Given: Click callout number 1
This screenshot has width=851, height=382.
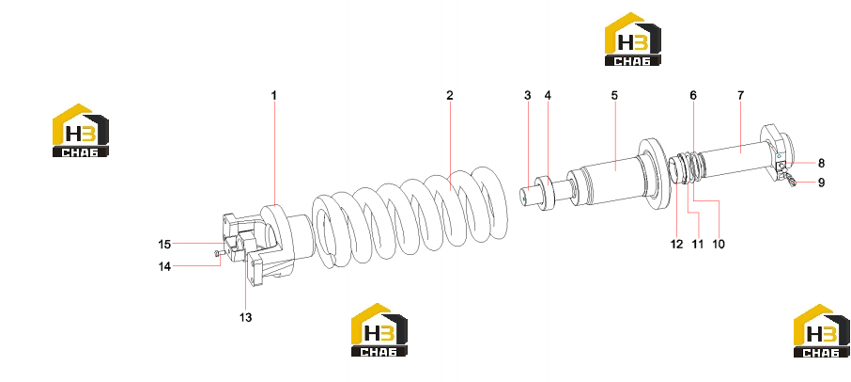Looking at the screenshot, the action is [274, 96].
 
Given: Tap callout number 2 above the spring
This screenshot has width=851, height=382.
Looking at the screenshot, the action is [449, 96].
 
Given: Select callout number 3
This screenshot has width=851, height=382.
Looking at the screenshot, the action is [528, 96].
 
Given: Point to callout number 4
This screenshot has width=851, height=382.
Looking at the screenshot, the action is [548, 96].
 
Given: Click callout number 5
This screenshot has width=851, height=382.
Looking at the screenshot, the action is [614, 96].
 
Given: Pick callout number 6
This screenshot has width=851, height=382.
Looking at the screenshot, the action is [693, 96].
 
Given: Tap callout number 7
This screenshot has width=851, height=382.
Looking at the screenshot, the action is [741, 96].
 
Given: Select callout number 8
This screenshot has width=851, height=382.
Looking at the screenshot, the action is [821, 163].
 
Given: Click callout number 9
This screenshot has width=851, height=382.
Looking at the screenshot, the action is [821, 183].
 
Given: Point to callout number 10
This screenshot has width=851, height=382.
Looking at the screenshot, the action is [718, 244].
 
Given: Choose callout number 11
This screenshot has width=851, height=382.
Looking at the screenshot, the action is [697, 244].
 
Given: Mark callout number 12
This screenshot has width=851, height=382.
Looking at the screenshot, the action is [676, 244].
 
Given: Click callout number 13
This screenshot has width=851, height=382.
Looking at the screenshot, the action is [246, 317].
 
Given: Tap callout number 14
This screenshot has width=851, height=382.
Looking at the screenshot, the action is [164, 266].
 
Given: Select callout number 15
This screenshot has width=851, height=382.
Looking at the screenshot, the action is [164, 245].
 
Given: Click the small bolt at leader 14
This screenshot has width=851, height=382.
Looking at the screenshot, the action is [219, 253].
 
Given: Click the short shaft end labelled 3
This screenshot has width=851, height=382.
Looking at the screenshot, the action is [528, 196].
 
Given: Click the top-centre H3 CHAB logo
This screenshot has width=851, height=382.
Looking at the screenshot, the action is [633, 40].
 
